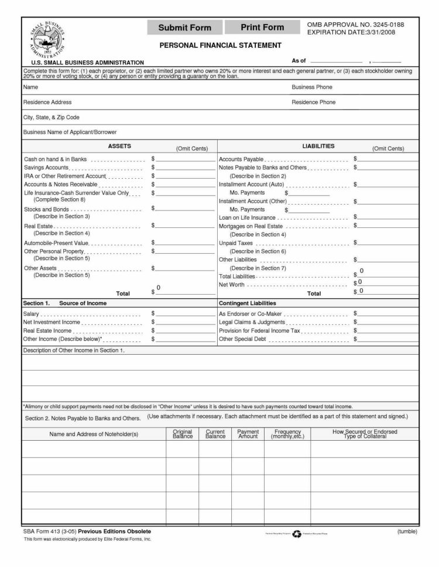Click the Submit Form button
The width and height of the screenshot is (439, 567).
click(x=186, y=28)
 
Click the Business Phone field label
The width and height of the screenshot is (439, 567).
click(x=311, y=87)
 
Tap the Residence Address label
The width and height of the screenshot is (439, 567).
click(x=47, y=102)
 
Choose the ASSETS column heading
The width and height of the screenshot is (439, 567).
click(x=119, y=146)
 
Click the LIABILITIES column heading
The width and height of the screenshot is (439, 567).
click(x=318, y=146)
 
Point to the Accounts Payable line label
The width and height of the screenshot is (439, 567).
click(x=241, y=159)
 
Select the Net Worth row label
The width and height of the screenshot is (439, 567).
click(x=231, y=285)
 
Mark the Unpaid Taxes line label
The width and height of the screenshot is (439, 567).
click(x=235, y=243)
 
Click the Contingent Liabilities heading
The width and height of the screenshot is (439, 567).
click(x=247, y=303)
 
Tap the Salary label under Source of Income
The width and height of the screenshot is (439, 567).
click(x=31, y=314)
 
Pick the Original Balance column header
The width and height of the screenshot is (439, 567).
click(x=182, y=434)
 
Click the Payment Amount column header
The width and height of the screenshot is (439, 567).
click(x=248, y=434)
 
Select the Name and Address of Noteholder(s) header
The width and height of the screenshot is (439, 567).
click(x=94, y=434)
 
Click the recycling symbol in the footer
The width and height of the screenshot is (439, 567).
click(x=297, y=533)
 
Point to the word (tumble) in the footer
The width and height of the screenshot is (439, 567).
click(x=406, y=531)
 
